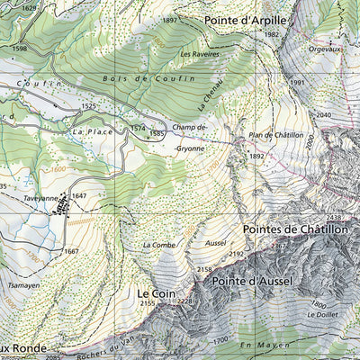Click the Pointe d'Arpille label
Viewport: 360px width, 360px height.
245,19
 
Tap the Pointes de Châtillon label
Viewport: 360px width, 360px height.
294,229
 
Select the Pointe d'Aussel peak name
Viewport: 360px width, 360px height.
256,282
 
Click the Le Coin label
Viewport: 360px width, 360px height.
155,293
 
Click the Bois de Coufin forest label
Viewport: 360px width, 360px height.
148,79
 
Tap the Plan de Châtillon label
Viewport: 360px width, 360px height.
275,134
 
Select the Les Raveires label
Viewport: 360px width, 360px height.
199,54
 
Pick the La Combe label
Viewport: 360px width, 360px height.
159,244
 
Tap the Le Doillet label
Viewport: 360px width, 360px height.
320,315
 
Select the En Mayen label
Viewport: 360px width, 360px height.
260,346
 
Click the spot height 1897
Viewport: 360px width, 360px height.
169,20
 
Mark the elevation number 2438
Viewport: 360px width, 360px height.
334,218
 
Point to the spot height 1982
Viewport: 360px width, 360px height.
272,34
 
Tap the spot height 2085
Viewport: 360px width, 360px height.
53,357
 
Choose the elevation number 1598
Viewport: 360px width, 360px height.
20,49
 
